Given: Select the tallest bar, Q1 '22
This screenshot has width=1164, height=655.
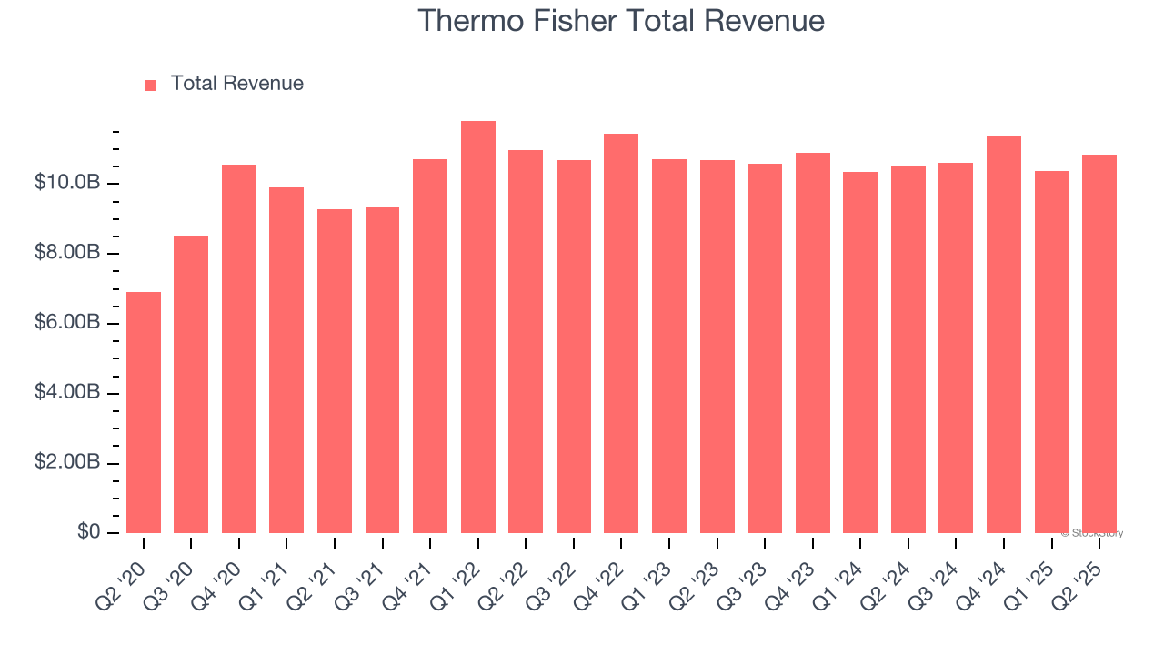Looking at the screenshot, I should tap(478, 327).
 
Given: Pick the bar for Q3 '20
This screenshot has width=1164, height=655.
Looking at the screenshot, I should tap(191, 384).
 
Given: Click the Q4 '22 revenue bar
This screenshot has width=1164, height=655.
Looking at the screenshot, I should tap(621, 333).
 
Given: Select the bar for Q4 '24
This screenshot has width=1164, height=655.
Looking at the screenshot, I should tap(1004, 334).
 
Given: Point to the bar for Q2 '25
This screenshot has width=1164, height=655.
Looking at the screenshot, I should tap(1099, 344).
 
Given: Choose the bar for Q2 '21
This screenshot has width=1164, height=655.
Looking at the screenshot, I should tap(335, 371).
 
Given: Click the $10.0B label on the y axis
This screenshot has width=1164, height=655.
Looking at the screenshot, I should tap(66, 183).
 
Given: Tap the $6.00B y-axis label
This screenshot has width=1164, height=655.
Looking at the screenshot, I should tap(66, 323).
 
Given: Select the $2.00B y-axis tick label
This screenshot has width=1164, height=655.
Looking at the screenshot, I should tap(66, 463).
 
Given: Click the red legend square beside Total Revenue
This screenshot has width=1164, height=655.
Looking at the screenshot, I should tap(151, 85).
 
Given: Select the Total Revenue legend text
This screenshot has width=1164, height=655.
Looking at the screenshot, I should tap(237, 84).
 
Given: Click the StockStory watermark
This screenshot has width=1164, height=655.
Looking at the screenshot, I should tap(1091, 533).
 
